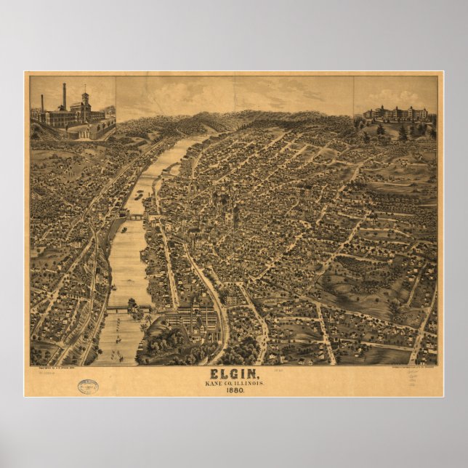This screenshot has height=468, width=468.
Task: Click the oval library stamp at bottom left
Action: pyautogui.click(x=88, y=387)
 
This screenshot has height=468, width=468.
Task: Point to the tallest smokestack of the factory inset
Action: pyautogui.click(x=64, y=97)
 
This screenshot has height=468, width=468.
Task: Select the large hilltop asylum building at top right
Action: pyautogui.click(x=396, y=115)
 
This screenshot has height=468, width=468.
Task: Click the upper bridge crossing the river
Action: pyautogui.click(x=136, y=217)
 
